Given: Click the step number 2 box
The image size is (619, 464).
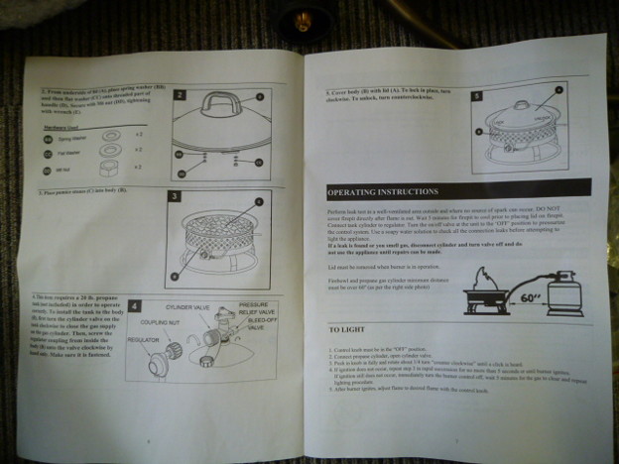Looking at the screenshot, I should tap(180, 96).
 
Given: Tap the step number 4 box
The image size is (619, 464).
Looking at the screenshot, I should tap(135, 306).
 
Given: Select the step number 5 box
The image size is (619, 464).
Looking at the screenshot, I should tap(477, 98).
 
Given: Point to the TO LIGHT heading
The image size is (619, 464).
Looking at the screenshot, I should tap(349, 328).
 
